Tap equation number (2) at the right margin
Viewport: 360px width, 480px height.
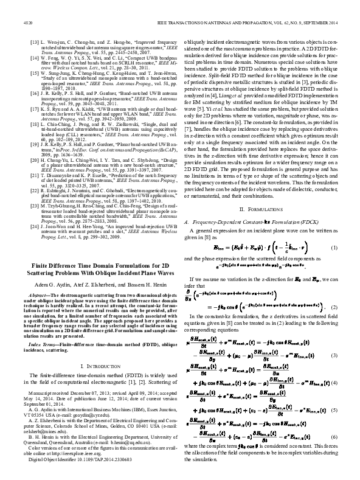pyautogui.click(x=334, y=308)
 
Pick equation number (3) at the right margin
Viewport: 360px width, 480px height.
pyautogui.click(x=334, y=353)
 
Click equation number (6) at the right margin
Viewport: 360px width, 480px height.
pyautogui.click(x=334, y=438)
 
